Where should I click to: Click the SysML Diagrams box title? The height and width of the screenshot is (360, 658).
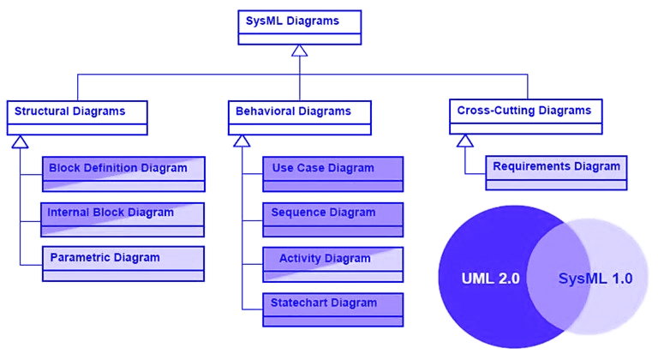point(292,21)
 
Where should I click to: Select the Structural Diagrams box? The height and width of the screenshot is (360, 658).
point(77,117)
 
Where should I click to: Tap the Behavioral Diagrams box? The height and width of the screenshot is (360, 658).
point(300,117)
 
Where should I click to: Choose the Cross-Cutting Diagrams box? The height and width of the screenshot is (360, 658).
point(526,117)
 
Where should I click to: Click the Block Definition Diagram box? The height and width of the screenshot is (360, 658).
point(123,174)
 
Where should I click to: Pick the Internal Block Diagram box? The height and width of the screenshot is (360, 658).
point(123,219)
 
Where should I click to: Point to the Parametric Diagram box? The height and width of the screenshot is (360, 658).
point(123,264)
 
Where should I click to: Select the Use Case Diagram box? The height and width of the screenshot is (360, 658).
point(333,174)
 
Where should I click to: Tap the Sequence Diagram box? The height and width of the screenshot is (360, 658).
point(333,219)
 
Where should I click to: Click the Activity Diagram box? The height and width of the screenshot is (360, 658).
point(333,265)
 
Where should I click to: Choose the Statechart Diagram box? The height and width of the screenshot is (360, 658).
point(333,309)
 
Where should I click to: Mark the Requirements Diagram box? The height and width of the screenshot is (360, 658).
point(556,172)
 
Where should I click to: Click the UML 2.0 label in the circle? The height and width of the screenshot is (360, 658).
point(491,278)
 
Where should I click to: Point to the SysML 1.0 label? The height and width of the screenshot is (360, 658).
point(595,278)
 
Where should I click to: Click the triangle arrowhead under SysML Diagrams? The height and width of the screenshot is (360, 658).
point(300,51)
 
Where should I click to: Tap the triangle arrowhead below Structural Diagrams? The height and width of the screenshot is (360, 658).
point(21,142)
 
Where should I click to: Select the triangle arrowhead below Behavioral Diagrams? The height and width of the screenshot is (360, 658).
point(242,141)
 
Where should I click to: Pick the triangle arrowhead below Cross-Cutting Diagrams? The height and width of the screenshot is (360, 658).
point(465,141)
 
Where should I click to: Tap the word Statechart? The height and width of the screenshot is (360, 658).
point(297,303)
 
